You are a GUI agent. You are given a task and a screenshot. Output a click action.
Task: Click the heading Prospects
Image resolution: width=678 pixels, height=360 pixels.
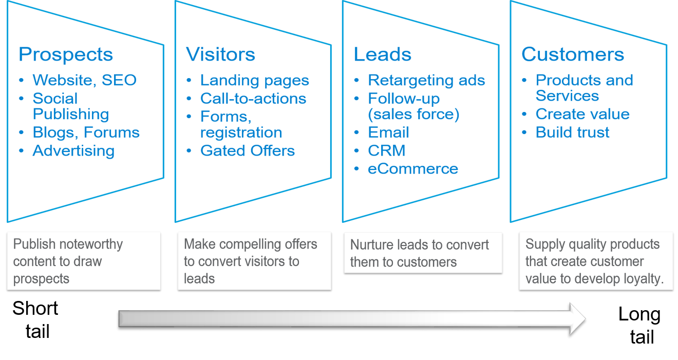(66, 54)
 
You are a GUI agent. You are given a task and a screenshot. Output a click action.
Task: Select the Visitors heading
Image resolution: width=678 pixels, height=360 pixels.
(220, 54)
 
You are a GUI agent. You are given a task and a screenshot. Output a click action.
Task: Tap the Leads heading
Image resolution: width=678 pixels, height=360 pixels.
(383, 54)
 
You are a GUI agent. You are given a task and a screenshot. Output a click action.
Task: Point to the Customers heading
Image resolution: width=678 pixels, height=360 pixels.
(573, 54)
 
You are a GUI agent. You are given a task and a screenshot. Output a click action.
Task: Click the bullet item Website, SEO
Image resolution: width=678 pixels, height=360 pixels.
(85, 80)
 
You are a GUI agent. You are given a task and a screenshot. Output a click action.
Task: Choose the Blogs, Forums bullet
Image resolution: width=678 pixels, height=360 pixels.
(86, 132)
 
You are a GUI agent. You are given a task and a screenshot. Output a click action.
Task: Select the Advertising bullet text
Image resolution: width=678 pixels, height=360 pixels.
(73, 150)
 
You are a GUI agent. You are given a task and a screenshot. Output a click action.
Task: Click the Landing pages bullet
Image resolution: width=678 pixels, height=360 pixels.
(255, 80)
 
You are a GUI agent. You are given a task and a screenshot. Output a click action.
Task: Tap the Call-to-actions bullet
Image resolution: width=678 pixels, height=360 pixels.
(253, 99)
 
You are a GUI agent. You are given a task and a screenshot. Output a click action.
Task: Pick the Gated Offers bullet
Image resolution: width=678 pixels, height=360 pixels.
(248, 150)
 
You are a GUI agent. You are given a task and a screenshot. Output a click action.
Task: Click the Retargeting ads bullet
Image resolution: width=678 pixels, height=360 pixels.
(426, 80)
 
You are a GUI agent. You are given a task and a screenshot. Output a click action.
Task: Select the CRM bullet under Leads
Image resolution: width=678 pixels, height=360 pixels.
(387, 150)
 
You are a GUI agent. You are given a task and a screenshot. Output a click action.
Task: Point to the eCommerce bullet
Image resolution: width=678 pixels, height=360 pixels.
(413, 168)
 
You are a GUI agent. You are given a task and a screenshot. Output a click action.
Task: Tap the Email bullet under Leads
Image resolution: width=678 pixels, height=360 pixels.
(389, 132)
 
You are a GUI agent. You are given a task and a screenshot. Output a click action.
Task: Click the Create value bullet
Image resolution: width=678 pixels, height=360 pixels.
(582, 114)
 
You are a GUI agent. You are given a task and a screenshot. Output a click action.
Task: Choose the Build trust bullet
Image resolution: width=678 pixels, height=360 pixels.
(572, 132)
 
